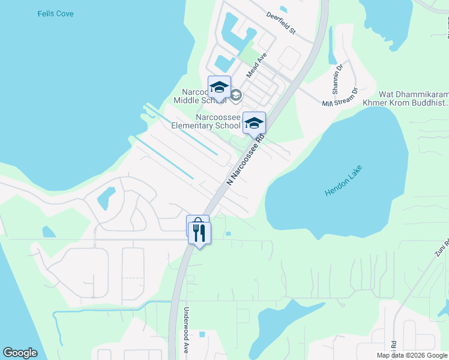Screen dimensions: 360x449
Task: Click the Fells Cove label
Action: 55,13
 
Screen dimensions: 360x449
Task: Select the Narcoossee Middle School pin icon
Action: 219,87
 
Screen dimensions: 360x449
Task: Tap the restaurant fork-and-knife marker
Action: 199,232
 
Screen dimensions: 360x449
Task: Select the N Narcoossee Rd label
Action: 246,159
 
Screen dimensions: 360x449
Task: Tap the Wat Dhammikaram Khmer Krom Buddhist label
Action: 413,98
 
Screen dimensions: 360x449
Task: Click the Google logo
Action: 20,353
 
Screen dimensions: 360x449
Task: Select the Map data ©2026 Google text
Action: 412,355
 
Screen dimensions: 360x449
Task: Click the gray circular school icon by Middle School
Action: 236,95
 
